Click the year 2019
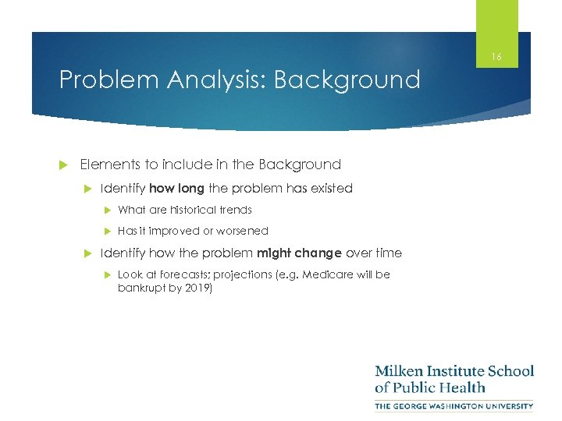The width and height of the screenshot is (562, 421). [x=197, y=288]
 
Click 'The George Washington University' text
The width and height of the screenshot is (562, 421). [x=454, y=405]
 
